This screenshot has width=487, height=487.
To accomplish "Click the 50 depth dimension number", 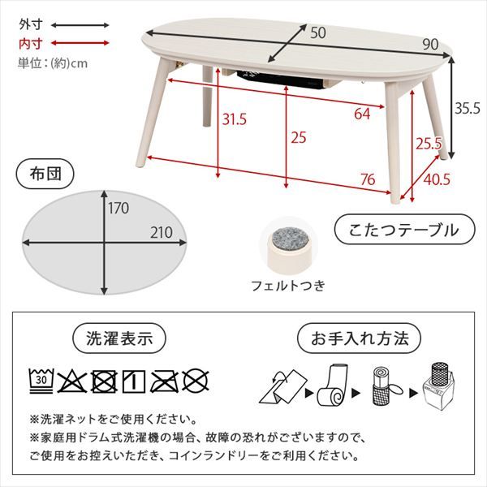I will pos(318,33).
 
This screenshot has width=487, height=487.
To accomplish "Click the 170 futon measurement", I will pos(119,209).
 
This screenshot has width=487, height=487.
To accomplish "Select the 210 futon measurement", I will pos(162,233).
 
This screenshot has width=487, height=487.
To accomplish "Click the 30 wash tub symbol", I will pos(41,378).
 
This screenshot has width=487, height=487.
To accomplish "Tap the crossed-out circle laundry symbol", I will pos(196,378).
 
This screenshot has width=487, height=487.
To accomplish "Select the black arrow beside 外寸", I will pos(80,25).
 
